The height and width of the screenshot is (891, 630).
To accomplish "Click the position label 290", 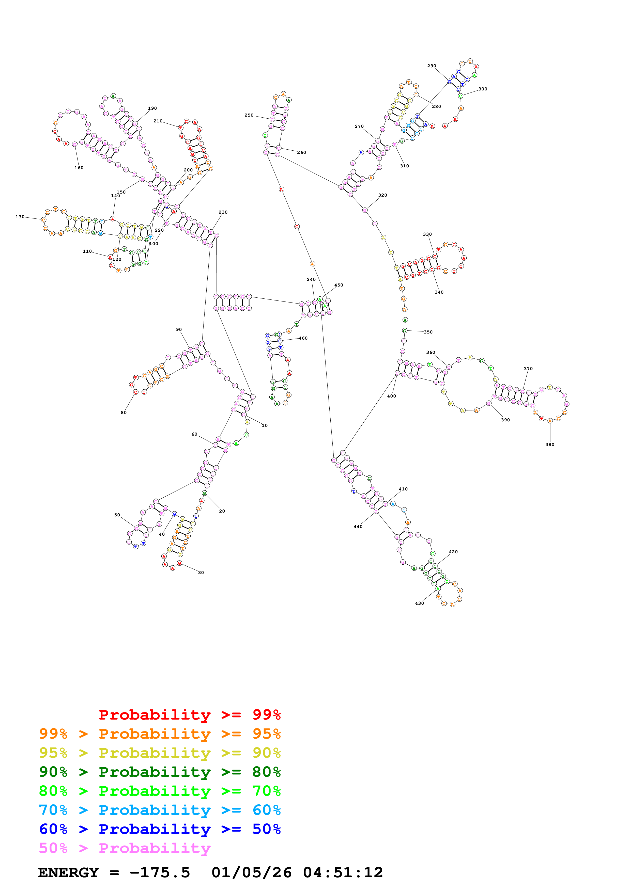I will tap(431, 66).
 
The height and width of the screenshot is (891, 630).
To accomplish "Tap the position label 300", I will tap(483, 89).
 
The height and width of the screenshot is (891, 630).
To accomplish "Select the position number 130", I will tap(20, 217).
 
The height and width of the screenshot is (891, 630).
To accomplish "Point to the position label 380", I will tap(550, 444).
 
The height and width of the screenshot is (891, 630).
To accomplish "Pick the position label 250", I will tap(249, 115).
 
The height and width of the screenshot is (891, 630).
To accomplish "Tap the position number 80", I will tap(124, 412).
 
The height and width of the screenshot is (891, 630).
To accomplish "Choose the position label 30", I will tap(201, 572).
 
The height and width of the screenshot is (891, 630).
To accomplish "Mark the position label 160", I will tap(79, 168).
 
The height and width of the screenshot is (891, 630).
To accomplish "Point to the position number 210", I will tap(158, 121).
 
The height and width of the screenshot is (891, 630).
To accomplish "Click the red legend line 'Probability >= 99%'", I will tap(189, 714).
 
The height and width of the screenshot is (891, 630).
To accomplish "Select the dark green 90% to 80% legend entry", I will tap(160, 772).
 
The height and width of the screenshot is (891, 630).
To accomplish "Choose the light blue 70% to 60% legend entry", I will tap(160, 810).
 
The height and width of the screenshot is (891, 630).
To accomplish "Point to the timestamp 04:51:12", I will tap(343, 872).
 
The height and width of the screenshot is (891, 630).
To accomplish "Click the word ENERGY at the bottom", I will tap(68, 872).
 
